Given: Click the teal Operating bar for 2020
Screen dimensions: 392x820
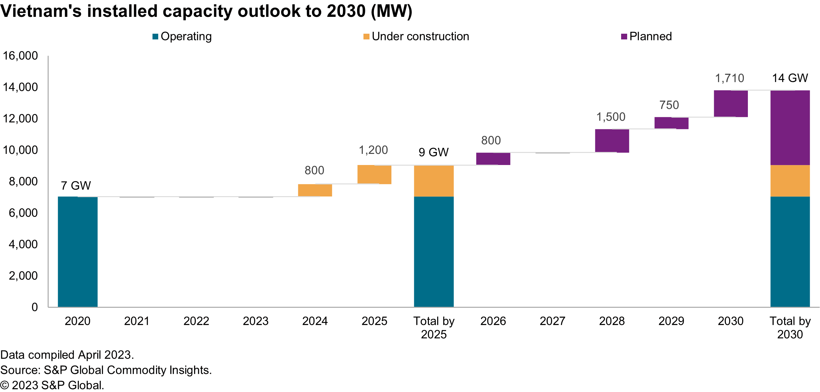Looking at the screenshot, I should tap(78, 251).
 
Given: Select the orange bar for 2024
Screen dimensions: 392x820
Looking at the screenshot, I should tap(315, 190).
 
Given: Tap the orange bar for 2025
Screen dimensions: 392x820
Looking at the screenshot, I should tap(374, 175).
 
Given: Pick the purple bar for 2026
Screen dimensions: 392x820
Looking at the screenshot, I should tap(493, 159).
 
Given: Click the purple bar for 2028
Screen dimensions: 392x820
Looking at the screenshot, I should tap(612, 141).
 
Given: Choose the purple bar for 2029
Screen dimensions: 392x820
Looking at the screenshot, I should tap(671, 123).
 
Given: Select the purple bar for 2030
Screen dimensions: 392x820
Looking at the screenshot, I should tap(730, 104).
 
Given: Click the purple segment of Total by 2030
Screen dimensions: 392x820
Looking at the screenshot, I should tap(790, 127).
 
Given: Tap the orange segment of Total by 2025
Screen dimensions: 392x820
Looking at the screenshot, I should tap(434, 181).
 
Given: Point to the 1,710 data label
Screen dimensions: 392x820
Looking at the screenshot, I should tap(729, 78).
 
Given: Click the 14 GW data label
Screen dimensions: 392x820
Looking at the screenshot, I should tap(790, 78).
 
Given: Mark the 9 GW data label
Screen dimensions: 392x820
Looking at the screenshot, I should tap(434, 152).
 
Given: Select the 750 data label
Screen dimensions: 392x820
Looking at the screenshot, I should tap(669, 105).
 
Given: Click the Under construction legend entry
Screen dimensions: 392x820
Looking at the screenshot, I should tap(420, 36).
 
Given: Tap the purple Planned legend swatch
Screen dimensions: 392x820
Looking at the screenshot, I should tap(624, 37).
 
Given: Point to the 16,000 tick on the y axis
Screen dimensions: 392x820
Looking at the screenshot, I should tap(20, 56).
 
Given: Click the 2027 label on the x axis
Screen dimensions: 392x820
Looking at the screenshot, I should tap(552, 321).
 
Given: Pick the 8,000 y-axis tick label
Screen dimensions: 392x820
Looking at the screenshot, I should tap(23, 182).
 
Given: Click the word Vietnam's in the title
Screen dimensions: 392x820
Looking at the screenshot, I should tap(41, 11).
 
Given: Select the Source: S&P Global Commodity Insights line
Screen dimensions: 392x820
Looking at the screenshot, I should tap(106, 370).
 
